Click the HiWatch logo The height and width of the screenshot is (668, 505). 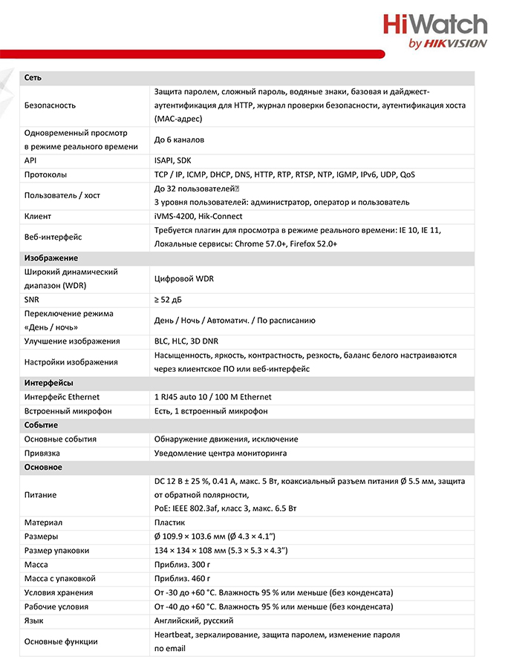click(x=435, y=32)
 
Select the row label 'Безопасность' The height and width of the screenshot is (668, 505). click(x=50, y=105)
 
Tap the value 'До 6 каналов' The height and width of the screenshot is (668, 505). click(x=179, y=140)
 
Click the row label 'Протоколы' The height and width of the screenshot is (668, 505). click(x=45, y=174)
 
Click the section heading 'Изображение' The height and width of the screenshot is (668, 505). click(x=50, y=258)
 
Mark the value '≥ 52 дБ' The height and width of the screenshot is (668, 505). click(x=171, y=299)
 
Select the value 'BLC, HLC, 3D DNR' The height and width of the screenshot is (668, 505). click(x=186, y=341)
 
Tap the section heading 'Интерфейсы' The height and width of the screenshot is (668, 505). click(x=48, y=383)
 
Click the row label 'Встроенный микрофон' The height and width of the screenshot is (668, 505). click(x=68, y=410)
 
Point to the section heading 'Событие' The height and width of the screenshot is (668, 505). click(x=41, y=425)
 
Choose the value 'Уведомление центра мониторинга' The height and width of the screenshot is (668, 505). click(x=221, y=453)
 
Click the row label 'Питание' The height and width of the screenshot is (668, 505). click(x=40, y=494)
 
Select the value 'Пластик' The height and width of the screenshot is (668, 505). click(x=169, y=523)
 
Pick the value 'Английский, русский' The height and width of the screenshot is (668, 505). click(x=194, y=620)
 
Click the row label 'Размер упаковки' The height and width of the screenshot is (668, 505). click(x=56, y=550)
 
